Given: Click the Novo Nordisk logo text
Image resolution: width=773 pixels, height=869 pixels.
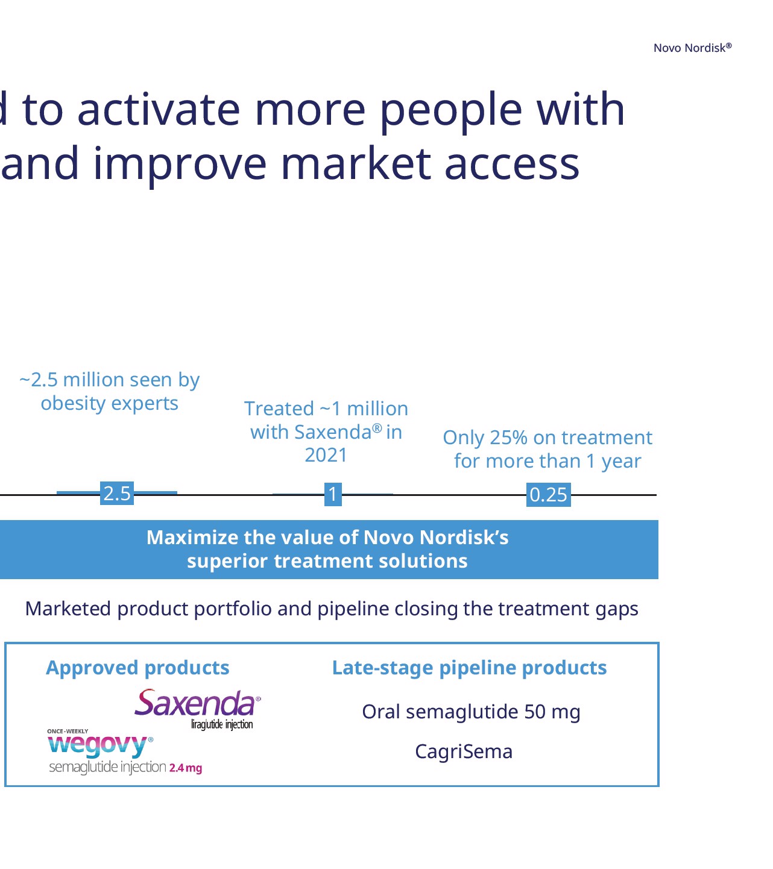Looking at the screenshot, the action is tap(692, 48).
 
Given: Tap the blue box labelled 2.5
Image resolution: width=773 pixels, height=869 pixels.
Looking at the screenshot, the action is tap(117, 494).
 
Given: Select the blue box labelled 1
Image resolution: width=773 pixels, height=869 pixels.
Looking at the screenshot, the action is tap(333, 494).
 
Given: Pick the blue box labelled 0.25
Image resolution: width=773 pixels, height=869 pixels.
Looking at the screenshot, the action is tap(549, 495).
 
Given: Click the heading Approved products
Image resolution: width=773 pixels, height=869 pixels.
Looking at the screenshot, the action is tap(137, 668).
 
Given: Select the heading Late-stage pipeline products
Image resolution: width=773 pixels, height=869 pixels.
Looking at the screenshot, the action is tap(470, 668).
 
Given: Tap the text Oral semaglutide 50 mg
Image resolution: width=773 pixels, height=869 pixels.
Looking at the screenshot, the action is tap(472, 712).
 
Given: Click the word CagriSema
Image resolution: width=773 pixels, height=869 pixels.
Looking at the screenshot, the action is tap(464, 751).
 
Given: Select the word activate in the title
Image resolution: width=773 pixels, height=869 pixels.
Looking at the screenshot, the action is tap(159, 110).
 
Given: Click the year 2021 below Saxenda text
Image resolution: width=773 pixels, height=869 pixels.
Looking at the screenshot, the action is tap(326, 455).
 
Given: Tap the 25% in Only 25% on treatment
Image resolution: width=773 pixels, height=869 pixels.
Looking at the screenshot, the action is tap(509, 438).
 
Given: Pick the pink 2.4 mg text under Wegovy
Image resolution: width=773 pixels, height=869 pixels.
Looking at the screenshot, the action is tap(186, 768).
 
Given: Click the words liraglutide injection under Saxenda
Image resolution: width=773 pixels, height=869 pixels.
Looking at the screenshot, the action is tap(222, 724).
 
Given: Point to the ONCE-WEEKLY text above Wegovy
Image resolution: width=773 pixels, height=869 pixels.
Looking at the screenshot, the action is tap(68, 731).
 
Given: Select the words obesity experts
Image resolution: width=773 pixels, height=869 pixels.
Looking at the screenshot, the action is tap(110, 404).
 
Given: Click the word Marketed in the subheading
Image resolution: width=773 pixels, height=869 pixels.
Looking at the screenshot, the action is tap(68, 609).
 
